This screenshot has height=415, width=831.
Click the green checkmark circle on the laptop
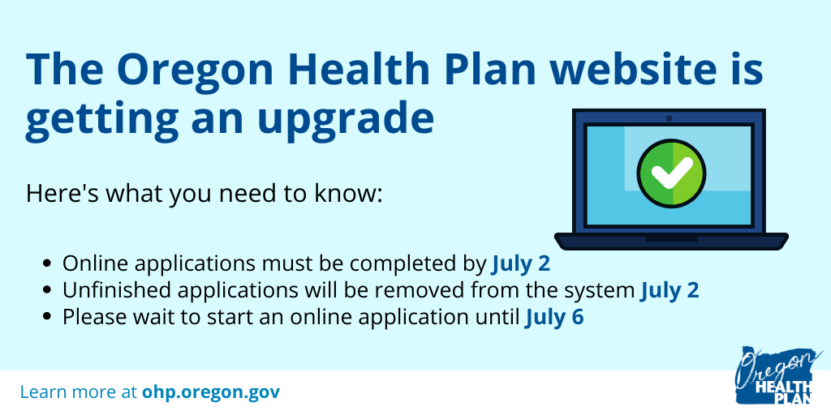pyautogui.click(x=671, y=173)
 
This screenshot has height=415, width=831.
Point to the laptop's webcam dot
pyautogui.click(x=669, y=118)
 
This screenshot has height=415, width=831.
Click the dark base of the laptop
pyautogui.click(x=671, y=242)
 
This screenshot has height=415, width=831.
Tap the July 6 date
pyautogui.click(x=554, y=318)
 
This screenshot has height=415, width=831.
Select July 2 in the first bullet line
pyautogui.click(x=520, y=263)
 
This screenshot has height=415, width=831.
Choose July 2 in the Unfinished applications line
pyautogui.click(x=670, y=291)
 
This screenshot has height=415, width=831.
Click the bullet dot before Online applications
pyautogui.click(x=48, y=263)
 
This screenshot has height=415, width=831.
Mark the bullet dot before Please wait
pyautogui.click(x=48, y=317)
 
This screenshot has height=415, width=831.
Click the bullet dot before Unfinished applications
pyautogui.click(x=48, y=290)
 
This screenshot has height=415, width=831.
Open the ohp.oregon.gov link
pyautogui.click(x=211, y=393)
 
